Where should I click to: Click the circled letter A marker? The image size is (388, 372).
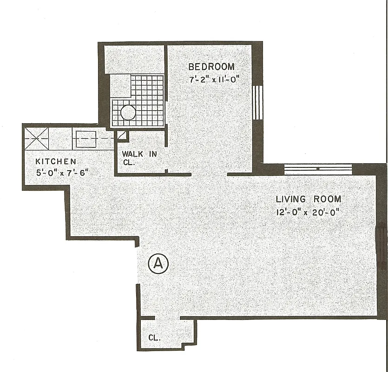point(158,264)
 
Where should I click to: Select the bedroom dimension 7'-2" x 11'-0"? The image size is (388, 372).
point(214,80)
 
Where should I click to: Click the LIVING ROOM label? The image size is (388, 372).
point(309,199)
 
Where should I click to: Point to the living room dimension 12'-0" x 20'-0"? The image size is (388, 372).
point(309,213)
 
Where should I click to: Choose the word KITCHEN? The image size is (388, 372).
point(56,161)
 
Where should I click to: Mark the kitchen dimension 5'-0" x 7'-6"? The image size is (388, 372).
point(62,173)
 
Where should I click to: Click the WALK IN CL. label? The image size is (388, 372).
point(139,158)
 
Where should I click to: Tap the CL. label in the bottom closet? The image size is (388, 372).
point(155,338)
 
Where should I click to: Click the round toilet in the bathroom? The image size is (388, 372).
point(128,113)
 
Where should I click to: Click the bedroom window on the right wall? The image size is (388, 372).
point(258,102)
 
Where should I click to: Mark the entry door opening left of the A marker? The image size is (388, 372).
point(137,265)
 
